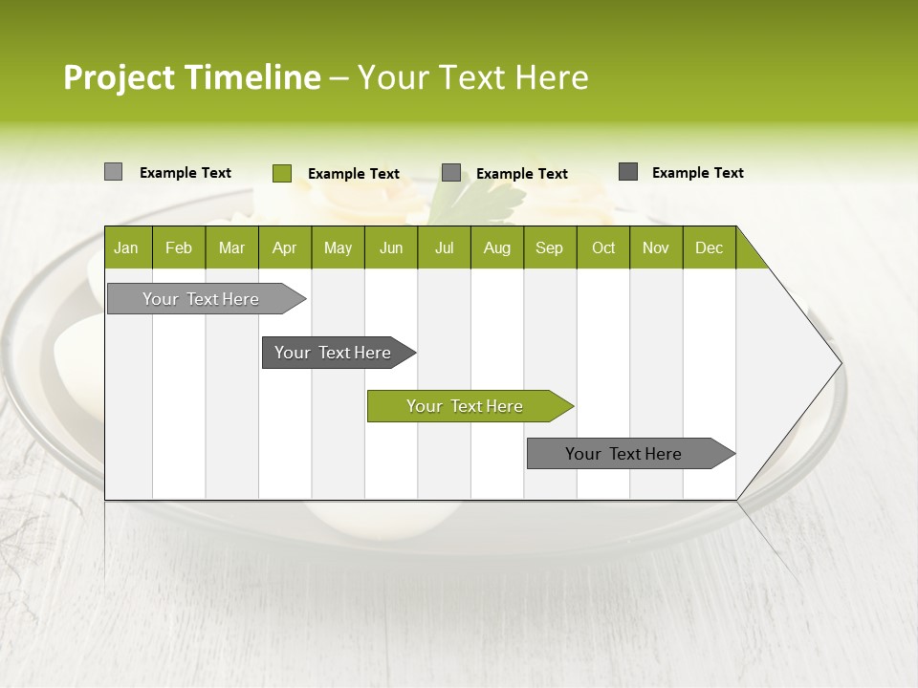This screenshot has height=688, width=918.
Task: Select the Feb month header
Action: pyautogui.click(x=179, y=247)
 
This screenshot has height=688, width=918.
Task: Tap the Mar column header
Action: pyautogui.click(x=231, y=247)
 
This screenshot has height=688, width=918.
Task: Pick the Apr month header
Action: pyautogui.click(x=285, y=247)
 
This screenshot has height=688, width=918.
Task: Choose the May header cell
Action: pyautogui.click(x=338, y=247)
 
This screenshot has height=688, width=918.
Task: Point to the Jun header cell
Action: pyautogui.click(x=391, y=247)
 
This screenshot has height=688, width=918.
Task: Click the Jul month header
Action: pyautogui.click(x=444, y=247)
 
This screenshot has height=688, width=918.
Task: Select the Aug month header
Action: pyautogui.click(x=497, y=247)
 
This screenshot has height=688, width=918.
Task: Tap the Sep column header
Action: pyautogui.click(x=550, y=247)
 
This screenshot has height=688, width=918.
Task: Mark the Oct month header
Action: pyautogui.click(x=603, y=247)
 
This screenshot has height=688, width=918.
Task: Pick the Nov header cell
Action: pyautogui.click(x=656, y=247)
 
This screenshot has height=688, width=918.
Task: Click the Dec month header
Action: pyautogui.click(x=710, y=247)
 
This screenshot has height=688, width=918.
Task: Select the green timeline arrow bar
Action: pyautogui.click(x=466, y=406)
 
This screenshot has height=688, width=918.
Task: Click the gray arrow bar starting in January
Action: pyautogui.click(x=202, y=299)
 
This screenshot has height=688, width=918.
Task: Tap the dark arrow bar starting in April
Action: pyautogui.click(x=334, y=353)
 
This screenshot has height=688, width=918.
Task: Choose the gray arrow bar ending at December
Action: pyautogui.click(x=624, y=454)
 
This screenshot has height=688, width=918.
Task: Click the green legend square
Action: pyautogui.click(x=282, y=173)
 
